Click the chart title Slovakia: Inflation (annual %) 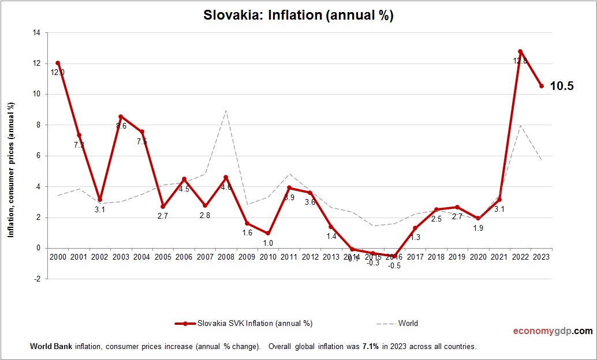point(298,16)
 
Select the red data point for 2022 point(520,51)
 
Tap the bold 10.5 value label point(561,87)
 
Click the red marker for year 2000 point(58,63)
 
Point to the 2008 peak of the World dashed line point(226,111)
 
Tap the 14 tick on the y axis point(36,33)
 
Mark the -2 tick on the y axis point(38,279)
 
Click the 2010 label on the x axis point(268,257)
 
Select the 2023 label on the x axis point(541,257)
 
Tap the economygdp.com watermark point(553,331)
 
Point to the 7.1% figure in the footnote point(371,347)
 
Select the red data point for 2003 point(121,117)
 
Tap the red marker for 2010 point(268,233)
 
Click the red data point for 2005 point(163,207)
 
